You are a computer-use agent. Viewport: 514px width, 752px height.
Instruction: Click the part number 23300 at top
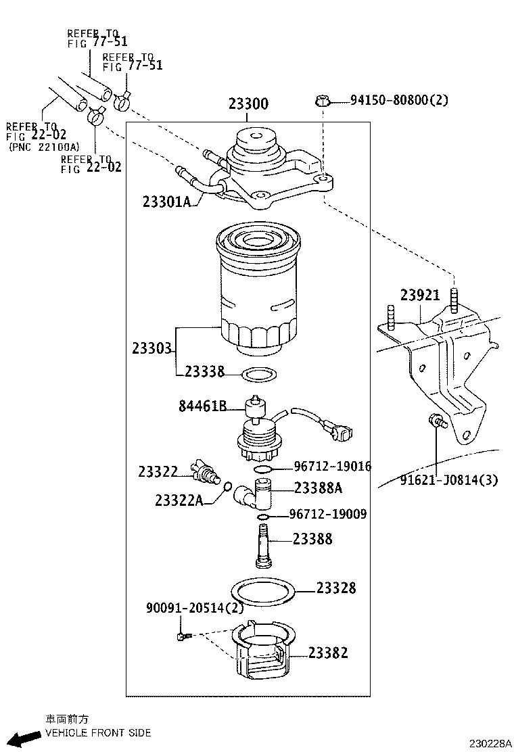248,104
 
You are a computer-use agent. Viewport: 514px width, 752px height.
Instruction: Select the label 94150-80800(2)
399,101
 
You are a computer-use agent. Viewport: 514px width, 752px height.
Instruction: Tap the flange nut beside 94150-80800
323,102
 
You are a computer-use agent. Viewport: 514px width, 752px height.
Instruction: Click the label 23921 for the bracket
419,296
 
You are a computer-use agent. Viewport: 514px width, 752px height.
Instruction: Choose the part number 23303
152,348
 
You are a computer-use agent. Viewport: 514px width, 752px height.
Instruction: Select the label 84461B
202,406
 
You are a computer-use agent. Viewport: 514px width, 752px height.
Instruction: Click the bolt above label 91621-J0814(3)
436,423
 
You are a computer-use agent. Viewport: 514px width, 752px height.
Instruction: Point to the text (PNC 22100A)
43,146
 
